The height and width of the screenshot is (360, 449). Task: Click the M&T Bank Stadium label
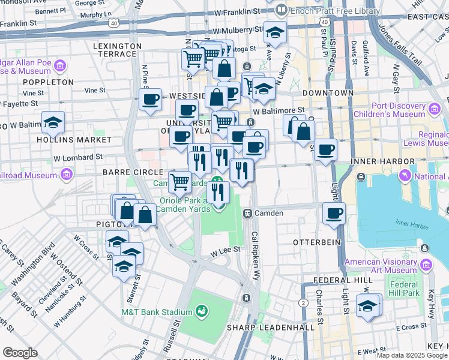[155, 311]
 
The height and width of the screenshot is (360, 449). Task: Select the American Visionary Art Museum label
[381, 266]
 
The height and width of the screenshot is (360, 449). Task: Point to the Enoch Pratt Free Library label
[335, 11]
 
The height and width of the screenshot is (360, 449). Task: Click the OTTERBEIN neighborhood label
[316, 242]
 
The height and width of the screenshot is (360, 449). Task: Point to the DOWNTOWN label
[328, 93]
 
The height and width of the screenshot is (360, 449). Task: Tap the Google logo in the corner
[20, 353]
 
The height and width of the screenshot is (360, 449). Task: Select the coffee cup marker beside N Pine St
[150, 100]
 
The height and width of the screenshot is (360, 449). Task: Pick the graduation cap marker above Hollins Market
[53, 122]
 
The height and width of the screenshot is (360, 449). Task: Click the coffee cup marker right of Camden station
[333, 213]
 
